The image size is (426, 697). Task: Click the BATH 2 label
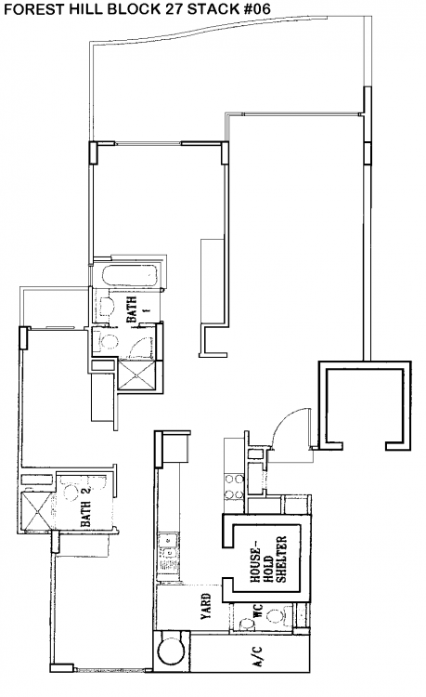pyautogui.click(x=85, y=507)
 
